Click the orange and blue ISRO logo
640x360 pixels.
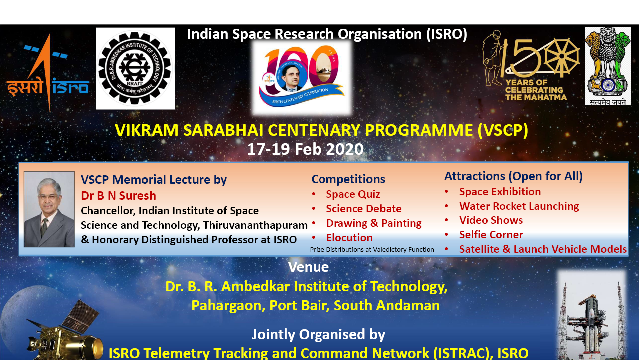click(x=48, y=73)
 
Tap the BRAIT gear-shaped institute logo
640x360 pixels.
click(x=135, y=69)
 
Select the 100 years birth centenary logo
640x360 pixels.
click(x=302, y=77)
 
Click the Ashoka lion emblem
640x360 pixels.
click(x=608, y=66)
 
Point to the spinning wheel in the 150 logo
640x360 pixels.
click(x=562, y=56)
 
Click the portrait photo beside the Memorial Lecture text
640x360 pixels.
click(x=49, y=209)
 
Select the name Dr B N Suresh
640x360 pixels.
click(x=119, y=196)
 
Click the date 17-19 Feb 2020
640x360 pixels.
click(x=305, y=149)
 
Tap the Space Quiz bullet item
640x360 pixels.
click(x=353, y=194)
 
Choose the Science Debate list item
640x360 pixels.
click(x=364, y=209)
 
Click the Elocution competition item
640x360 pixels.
click(x=349, y=238)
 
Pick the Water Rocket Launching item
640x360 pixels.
click(x=519, y=206)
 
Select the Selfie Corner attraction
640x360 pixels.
click(x=491, y=235)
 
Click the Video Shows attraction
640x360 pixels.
click(x=491, y=220)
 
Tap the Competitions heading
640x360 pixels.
click(x=348, y=179)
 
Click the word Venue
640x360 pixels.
click(x=309, y=267)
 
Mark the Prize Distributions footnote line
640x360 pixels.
click(x=372, y=250)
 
